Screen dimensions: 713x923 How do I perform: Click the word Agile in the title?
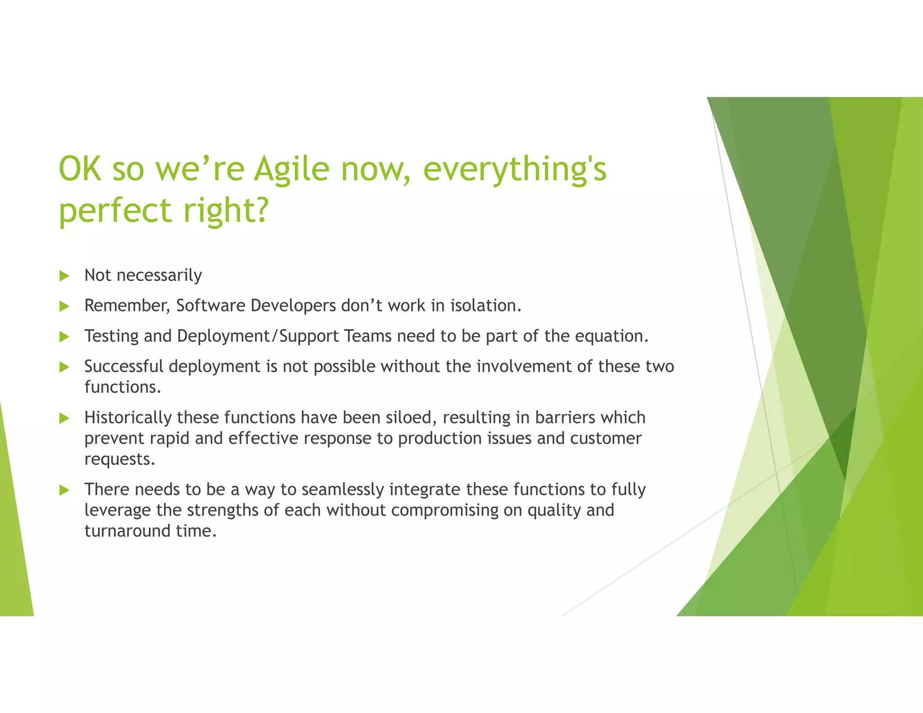[292, 169]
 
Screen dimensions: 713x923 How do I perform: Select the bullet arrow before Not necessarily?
[64, 276]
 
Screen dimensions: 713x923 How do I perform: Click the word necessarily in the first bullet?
[159, 275]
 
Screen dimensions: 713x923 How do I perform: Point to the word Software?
[211, 306]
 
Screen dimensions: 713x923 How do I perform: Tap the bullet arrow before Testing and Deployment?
[64, 337]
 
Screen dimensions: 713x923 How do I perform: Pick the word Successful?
[124, 366]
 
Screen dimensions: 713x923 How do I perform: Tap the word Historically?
[128, 418]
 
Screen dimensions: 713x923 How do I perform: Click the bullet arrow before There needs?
[64, 490]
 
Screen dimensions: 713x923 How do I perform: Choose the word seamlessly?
[343, 489]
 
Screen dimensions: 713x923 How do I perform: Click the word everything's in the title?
[515, 169]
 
